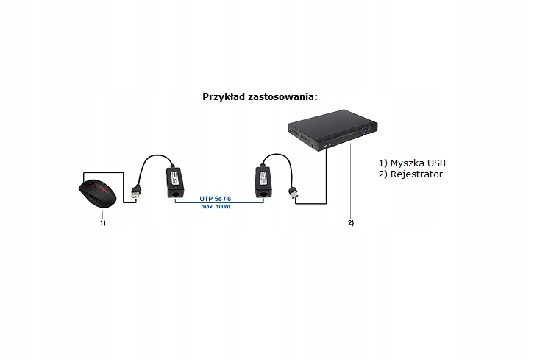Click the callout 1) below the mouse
tap(103, 222)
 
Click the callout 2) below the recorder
tap(351, 222)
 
